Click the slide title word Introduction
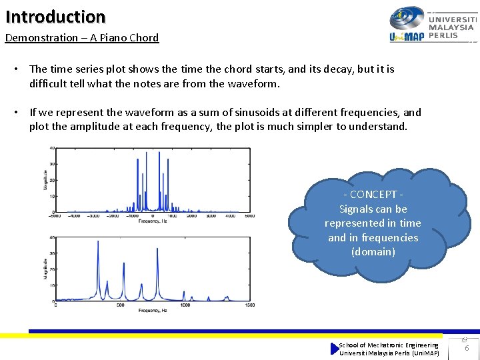(55, 17)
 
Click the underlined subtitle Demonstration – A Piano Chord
(82, 38)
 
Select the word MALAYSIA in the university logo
(452, 27)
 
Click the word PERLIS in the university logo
(443, 35)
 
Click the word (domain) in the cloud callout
(373, 252)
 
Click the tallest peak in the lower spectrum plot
(98, 243)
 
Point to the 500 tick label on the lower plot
(120, 305)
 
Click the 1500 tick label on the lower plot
(249, 305)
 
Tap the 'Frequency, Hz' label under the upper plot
(153, 221)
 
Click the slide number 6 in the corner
(466, 348)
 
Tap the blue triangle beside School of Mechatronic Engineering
(335, 349)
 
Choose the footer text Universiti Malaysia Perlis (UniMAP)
(389, 353)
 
